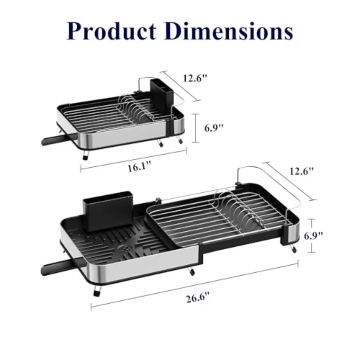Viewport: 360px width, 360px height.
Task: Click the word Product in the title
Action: coord(112,31)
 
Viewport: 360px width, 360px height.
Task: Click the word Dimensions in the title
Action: coord(228,31)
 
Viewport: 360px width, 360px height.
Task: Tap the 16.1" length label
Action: coord(139,166)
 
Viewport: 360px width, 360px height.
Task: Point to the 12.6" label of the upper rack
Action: coord(195,78)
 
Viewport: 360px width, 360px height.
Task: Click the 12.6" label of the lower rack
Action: coord(302,171)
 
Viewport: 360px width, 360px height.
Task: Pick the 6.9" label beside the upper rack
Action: coord(214,128)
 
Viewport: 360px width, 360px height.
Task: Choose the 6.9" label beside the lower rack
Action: coord(313,236)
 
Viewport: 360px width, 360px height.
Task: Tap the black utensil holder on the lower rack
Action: coord(108,211)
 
